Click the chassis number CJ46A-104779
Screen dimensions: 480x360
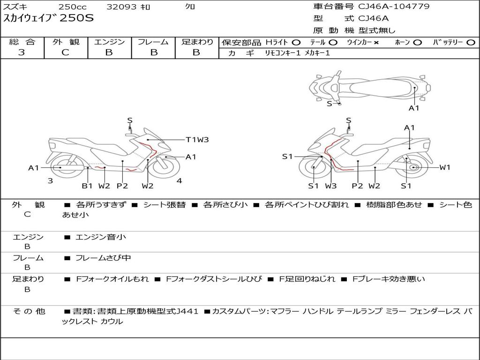pyautogui.click(x=394, y=7)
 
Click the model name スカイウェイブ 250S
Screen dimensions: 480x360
pyautogui.click(x=48, y=18)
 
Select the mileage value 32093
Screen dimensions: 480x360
pyautogui.click(x=121, y=7)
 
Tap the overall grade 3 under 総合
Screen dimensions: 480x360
pyautogui.click(x=22, y=52)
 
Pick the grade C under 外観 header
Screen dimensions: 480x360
pyautogui.click(x=65, y=52)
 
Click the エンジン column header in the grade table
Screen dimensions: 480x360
pyautogui.click(x=109, y=42)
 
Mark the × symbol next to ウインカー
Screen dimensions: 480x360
pyautogui.click(x=376, y=43)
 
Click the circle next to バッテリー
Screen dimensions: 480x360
pyautogui.click(x=471, y=43)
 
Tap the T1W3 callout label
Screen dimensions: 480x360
pyautogui.click(x=197, y=140)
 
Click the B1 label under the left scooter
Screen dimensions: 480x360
pyautogui.click(x=87, y=186)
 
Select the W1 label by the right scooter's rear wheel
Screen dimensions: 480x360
pyautogui.click(x=445, y=167)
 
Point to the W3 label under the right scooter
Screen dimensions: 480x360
pyautogui.click(x=330, y=186)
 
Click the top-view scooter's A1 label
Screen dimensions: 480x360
pyautogui.click(x=414, y=108)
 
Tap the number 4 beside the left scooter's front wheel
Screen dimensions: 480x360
pyautogui.click(x=180, y=181)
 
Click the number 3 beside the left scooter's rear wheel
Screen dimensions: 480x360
pyautogui.click(x=50, y=181)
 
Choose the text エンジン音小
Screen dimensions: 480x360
pyautogui.click(x=100, y=237)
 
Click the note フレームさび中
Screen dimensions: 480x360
pyautogui.click(x=103, y=258)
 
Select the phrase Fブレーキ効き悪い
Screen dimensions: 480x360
pyautogui.click(x=389, y=279)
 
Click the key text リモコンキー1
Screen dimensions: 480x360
pyautogui.click(x=283, y=53)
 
